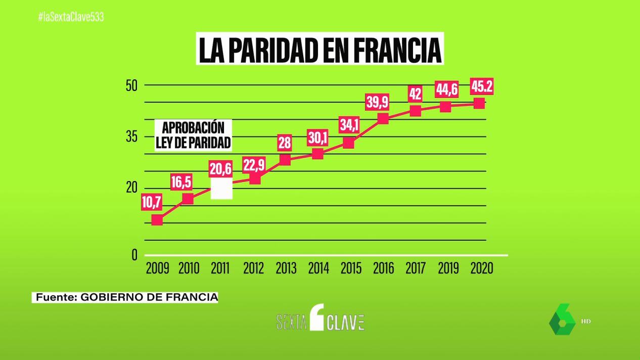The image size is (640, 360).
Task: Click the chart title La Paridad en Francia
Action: [319, 49]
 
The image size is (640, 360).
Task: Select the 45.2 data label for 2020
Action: [481, 87]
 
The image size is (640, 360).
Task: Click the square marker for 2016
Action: [383, 119]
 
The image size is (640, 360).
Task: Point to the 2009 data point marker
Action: [157, 220]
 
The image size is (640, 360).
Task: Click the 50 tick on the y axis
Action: [131, 85]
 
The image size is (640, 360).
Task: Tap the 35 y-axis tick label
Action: [131, 137]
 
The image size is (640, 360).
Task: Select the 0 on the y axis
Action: [134, 255]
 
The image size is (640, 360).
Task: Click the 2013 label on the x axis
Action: [286, 268]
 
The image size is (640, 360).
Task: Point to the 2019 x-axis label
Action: [448, 268]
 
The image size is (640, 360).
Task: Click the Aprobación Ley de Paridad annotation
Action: [193, 134]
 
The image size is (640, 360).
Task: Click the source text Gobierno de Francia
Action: [125, 297]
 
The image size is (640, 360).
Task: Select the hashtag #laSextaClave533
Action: [71, 17]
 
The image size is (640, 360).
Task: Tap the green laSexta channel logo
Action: [562, 320]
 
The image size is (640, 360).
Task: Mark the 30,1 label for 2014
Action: [317, 138]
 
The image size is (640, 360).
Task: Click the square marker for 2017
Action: [415, 111]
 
